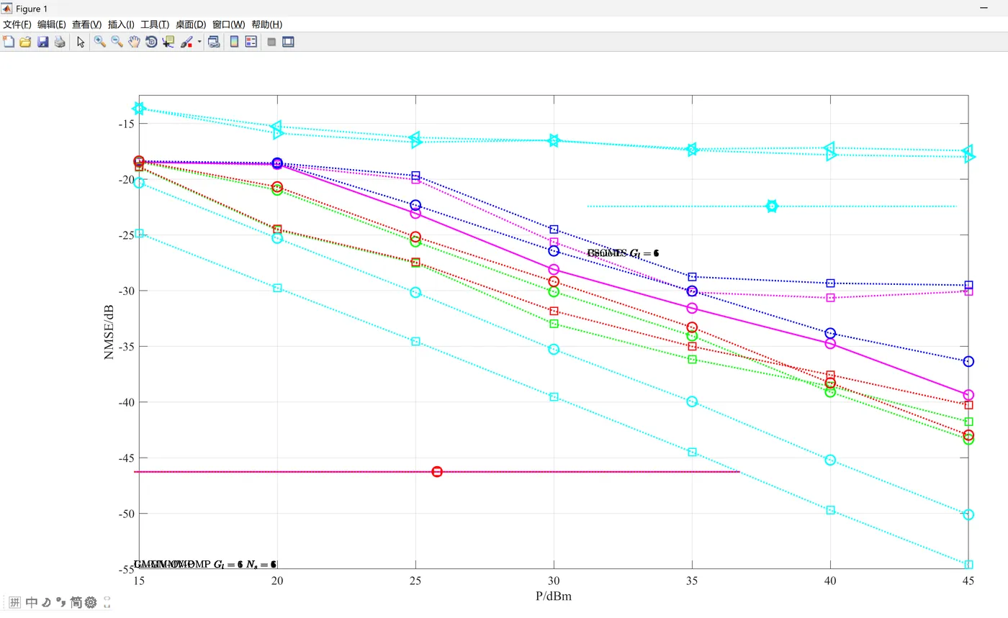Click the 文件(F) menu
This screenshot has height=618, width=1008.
point(17,24)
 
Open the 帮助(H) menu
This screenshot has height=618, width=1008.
point(266,24)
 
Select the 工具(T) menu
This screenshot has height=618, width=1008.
point(155,24)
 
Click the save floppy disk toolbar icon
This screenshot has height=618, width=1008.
point(42,42)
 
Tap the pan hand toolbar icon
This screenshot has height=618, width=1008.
point(134,42)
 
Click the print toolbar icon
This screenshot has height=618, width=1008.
point(60,42)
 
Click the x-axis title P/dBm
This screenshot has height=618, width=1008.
point(554,596)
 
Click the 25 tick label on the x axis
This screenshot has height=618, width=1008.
point(415,581)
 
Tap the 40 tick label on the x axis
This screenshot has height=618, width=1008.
point(830,581)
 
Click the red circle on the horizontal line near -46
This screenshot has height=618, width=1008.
point(437,472)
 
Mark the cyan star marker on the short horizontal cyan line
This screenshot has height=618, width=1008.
point(772,206)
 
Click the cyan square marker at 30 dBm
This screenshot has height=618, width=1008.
point(554,397)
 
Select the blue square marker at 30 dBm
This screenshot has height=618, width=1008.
point(554,230)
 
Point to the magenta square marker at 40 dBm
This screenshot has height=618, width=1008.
point(830,298)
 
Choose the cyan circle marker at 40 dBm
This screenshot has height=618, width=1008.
point(830,460)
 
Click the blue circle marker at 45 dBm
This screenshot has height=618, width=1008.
point(968,361)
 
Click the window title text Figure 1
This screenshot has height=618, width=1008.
point(31,9)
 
